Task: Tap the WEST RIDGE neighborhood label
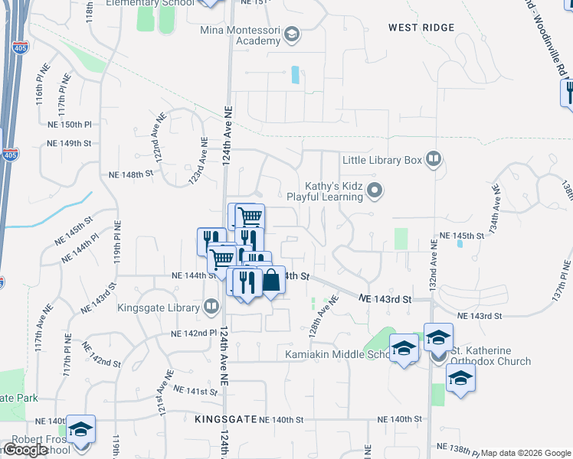pos(421,28)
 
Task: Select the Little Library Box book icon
pos(434,159)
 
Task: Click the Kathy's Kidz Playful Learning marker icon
pos(375,190)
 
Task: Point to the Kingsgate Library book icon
pos(212,308)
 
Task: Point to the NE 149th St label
pos(69,143)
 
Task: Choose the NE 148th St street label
pos(132,174)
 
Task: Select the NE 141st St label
pos(196,391)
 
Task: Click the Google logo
pos(25,450)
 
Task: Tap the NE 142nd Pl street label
pos(197,334)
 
